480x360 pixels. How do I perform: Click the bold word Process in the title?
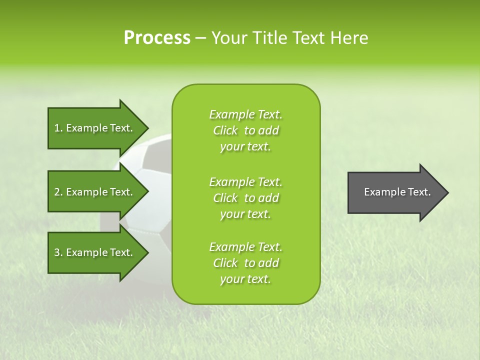[157, 38]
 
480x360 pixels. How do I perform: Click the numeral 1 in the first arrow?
[56, 128]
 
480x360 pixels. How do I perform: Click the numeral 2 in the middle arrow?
[57, 192]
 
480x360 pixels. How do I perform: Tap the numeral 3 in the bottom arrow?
[57, 252]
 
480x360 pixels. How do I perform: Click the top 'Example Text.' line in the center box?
[245, 114]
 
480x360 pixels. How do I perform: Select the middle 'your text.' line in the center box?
[245, 214]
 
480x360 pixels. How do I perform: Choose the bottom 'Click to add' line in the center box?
[245, 263]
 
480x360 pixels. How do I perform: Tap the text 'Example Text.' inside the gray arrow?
[397, 192]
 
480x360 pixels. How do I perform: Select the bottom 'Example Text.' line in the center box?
[245, 247]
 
